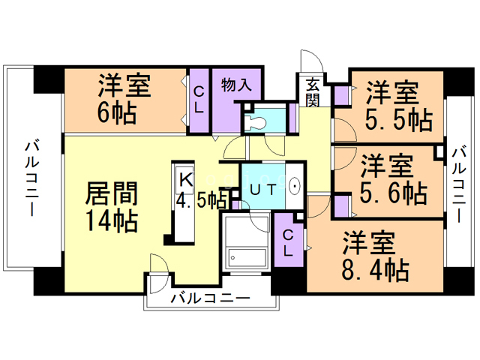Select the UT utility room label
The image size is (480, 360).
point(261,189)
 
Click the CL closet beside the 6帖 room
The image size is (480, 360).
point(199,100)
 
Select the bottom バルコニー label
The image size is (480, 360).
point(209,298)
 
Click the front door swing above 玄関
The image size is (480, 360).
point(310,62)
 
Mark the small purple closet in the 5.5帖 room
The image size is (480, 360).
point(341,96)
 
